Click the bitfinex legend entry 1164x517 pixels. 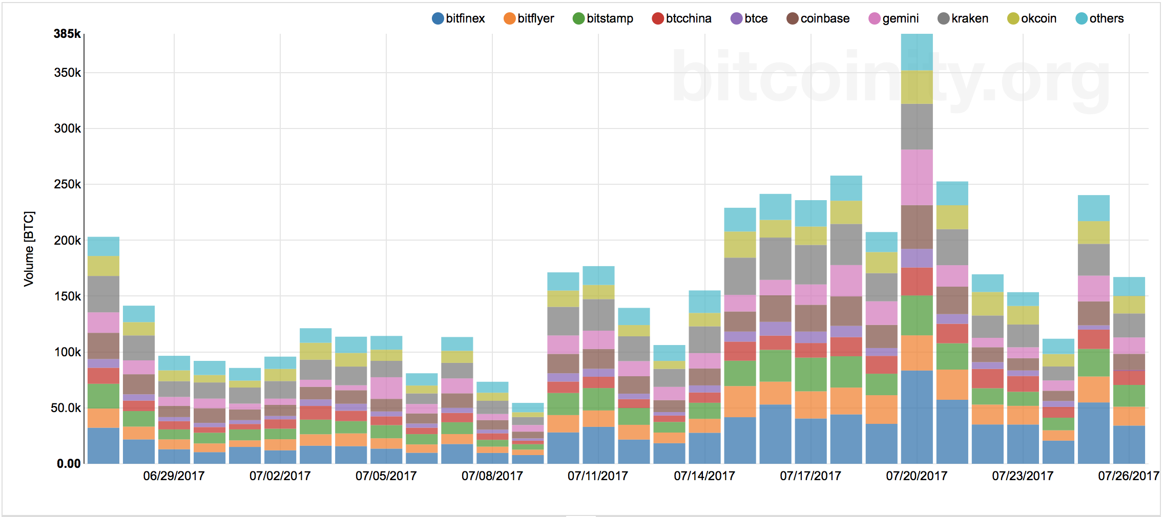pos(459,18)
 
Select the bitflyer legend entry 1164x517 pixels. pos(529,18)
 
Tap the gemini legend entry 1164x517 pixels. pos(894,18)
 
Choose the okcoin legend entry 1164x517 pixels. pos(1032,18)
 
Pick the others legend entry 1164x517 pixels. pos(1100,18)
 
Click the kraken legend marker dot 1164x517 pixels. pos(944,18)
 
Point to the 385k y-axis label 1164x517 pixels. pos(67,34)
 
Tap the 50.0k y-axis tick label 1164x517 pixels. pos(66,408)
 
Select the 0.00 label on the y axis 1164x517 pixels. pos(69,464)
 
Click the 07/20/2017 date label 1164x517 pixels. pos(917,476)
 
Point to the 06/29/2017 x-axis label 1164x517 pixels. pos(174,476)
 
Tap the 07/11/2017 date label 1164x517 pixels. pos(598,476)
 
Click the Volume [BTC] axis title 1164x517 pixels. pos(29,249)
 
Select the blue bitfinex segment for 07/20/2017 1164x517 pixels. pos(917,417)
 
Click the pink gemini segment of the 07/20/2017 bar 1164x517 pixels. pos(917,178)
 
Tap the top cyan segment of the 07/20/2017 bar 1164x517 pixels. pos(917,52)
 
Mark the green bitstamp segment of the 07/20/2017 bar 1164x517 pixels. pos(917,315)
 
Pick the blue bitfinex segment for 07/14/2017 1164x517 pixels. pos(704,448)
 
